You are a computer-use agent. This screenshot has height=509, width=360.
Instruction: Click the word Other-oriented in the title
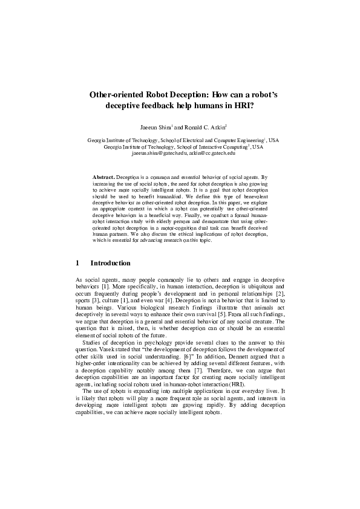(117, 94)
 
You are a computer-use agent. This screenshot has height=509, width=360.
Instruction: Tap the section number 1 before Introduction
(77, 263)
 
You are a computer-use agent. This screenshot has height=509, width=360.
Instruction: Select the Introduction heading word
(110, 263)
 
